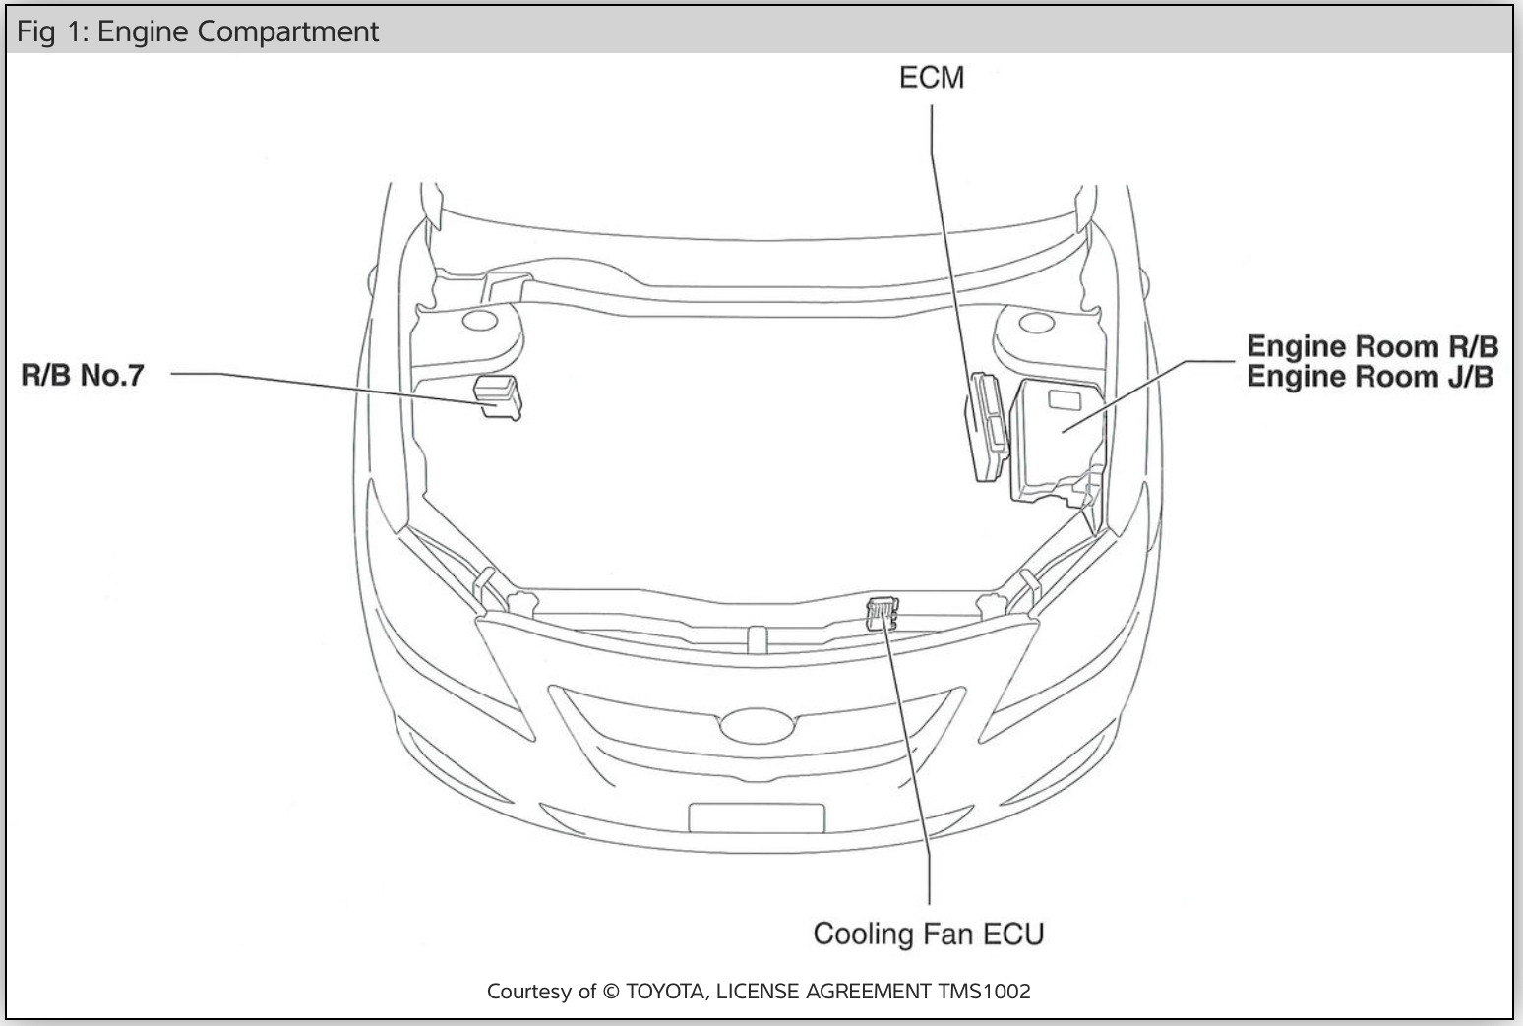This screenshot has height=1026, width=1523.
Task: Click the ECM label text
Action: click(x=931, y=78)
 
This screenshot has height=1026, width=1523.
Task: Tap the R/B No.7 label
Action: click(x=83, y=375)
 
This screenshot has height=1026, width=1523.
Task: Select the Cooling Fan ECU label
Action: click(x=928, y=934)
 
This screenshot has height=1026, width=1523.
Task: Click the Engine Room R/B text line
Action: click(x=1371, y=346)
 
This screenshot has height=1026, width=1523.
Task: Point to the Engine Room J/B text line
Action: click(x=1370, y=377)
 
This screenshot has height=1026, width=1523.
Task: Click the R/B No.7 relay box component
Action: click(x=498, y=396)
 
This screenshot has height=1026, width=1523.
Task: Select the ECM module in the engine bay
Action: click(x=987, y=426)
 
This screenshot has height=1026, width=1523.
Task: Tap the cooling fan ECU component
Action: click(x=882, y=613)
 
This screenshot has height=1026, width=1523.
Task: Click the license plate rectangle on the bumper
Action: click(x=756, y=817)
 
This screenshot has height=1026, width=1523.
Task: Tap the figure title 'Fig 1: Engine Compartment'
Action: click(x=198, y=31)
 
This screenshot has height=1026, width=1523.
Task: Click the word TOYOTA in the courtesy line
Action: click(x=665, y=992)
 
